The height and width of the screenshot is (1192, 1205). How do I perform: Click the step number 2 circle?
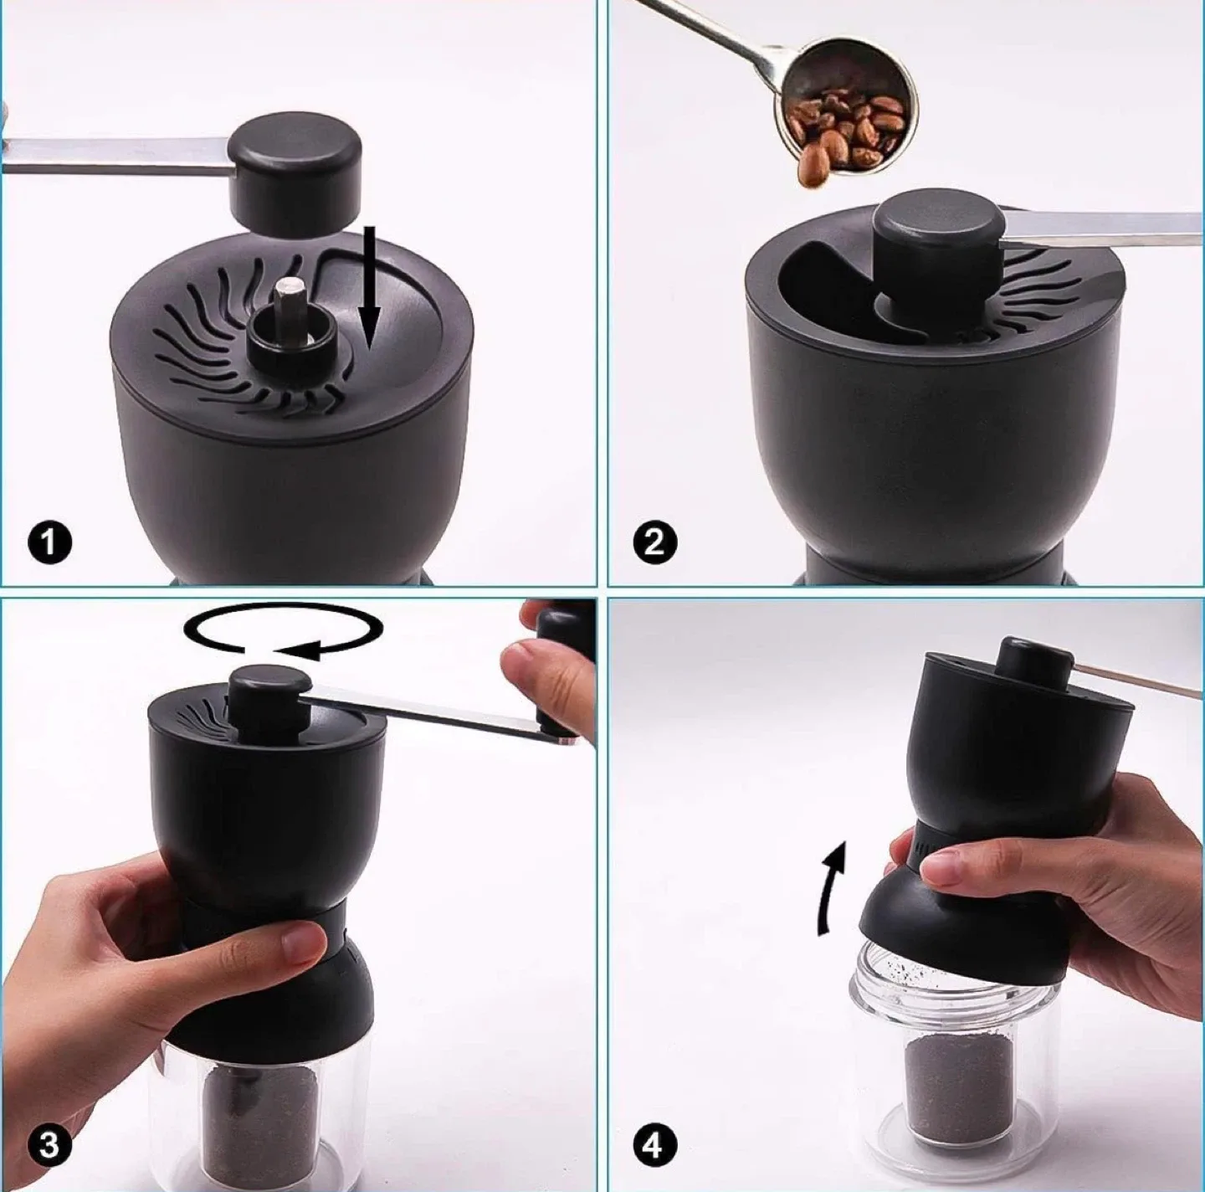pos(654,543)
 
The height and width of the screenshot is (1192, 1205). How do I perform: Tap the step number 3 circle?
pos(49,1144)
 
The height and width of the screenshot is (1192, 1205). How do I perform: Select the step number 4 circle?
pos(654,1144)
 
